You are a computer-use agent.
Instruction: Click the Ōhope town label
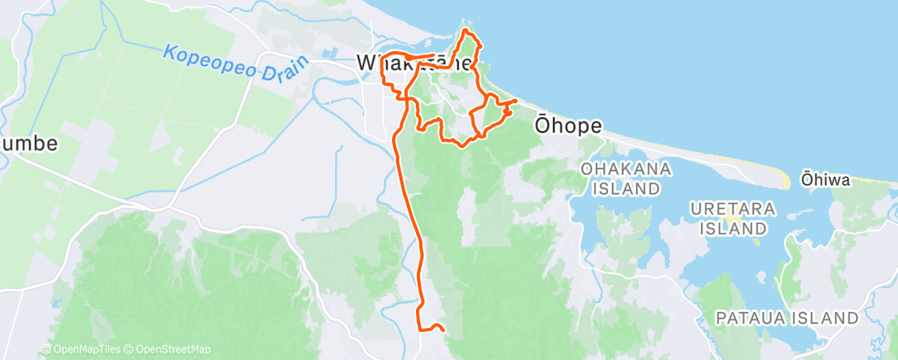pos(569,125)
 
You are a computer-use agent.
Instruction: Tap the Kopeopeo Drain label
pos(235,63)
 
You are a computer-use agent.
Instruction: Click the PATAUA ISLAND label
pos(787,318)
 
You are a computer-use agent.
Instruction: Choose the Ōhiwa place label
pos(825,179)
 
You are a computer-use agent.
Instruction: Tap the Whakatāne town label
pos(415,62)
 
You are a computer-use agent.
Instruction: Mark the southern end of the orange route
pos(444,329)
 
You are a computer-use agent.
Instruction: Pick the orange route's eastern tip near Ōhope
pos(517,101)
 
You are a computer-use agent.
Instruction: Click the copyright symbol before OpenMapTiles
pos(46,349)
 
